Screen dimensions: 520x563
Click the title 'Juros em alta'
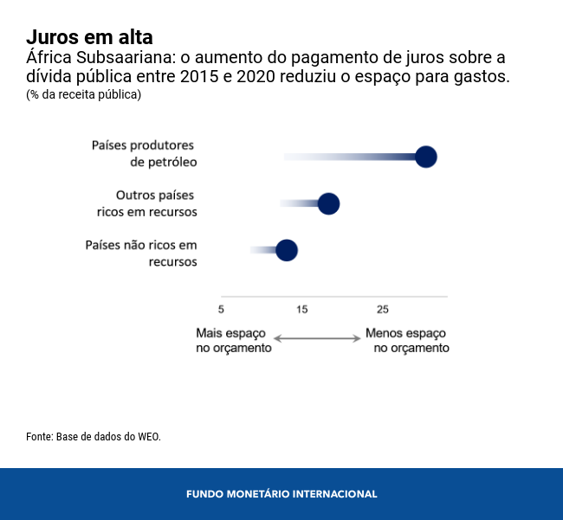coord(89,37)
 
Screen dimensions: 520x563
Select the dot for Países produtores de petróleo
coord(425,157)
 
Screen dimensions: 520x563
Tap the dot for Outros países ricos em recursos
coord(328,203)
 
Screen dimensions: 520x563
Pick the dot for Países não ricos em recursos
coord(287,251)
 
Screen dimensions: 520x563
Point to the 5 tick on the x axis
coord(222,310)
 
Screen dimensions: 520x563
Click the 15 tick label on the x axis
coord(301,310)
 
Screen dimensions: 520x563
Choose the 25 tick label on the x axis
coord(382,310)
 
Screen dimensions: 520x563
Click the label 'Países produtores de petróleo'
coord(144,153)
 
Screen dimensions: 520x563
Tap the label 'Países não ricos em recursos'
coord(142,253)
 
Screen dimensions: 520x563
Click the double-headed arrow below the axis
coord(317,338)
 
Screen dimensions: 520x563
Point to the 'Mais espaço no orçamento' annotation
coord(234,340)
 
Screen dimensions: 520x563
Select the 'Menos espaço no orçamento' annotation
coord(407,340)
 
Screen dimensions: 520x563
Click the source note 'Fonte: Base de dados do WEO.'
coord(94,437)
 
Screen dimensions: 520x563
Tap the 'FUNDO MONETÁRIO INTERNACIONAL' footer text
coord(281,494)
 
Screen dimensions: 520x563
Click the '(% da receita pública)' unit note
coord(83,94)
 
